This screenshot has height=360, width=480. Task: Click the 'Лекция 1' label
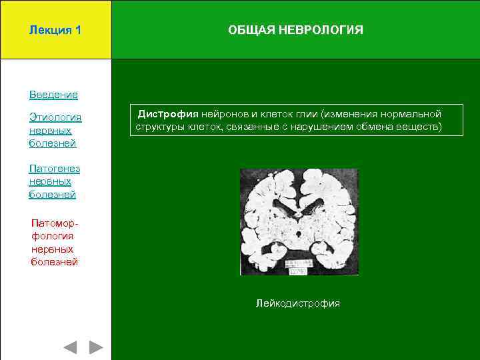point(55,31)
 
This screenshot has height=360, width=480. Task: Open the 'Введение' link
point(53,95)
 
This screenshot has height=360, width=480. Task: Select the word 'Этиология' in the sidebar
point(55,118)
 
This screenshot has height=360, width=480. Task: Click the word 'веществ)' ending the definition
point(419,126)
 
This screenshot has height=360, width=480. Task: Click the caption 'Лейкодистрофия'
point(298,303)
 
